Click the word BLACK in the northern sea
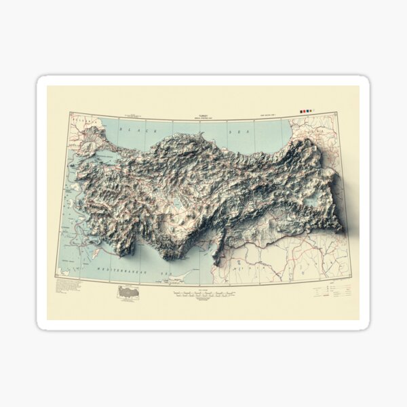point(129,129)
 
